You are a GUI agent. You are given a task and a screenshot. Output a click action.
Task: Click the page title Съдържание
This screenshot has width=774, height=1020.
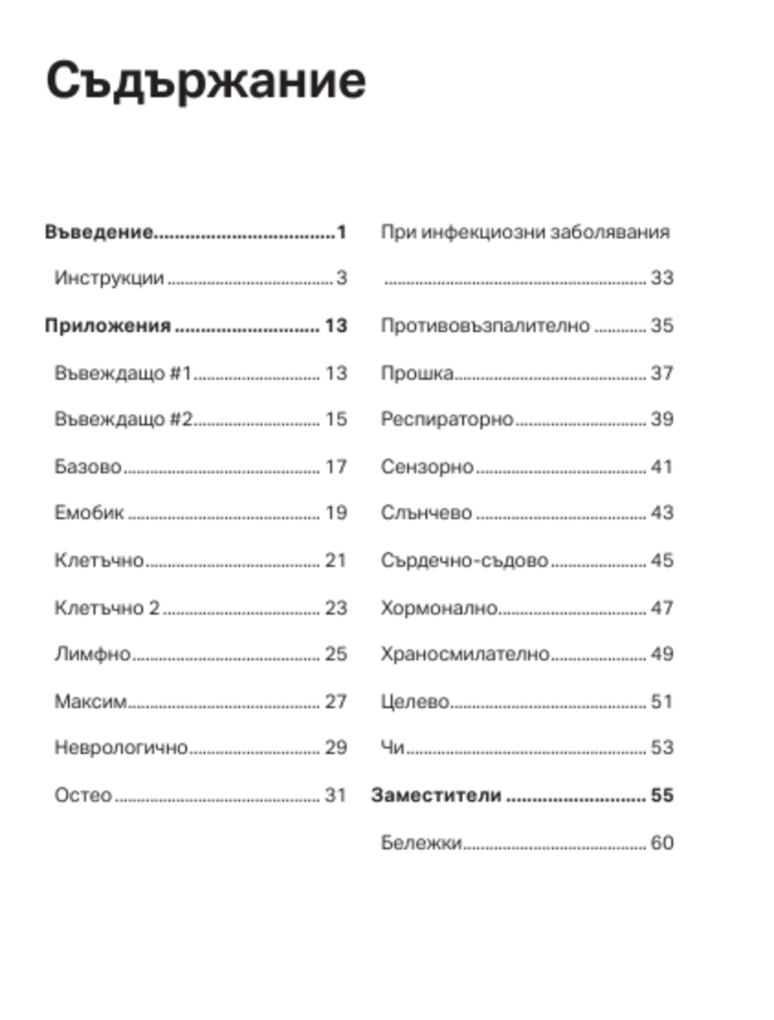tap(206, 81)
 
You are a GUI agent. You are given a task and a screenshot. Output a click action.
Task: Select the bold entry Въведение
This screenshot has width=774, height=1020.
tap(98, 232)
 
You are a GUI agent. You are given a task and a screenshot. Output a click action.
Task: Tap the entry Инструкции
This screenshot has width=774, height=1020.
tap(109, 278)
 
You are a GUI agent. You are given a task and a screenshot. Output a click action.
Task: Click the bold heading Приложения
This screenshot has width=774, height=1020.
tap(107, 326)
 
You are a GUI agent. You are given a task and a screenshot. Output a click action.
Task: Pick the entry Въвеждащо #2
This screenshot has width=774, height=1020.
tap(123, 419)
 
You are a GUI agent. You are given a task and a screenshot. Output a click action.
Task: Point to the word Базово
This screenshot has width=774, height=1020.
tap(88, 467)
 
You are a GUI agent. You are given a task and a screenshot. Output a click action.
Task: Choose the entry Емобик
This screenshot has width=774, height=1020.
tap(89, 513)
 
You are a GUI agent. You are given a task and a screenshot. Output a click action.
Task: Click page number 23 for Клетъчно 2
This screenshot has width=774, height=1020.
tap(335, 608)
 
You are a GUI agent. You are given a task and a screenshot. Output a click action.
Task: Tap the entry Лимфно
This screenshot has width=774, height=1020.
tap(92, 654)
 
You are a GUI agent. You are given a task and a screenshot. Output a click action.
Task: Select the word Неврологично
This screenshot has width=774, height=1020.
tap(121, 748)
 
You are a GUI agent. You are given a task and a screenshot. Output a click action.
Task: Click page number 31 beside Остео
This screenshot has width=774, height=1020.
tap(335, 795)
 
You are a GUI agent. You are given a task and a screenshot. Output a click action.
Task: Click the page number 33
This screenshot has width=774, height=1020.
tap(662, 278)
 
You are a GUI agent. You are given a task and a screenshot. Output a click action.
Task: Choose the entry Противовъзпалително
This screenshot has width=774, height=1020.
tap(485, 326)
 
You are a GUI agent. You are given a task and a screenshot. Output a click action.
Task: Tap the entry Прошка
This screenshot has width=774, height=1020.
tap(416, 373)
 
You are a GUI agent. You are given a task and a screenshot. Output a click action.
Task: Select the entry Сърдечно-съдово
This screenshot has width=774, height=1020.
tap(464, 560)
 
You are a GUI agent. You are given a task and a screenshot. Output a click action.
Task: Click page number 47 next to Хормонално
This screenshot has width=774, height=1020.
tap(662, 608)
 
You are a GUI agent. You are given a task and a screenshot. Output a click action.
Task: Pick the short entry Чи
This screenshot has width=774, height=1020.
tap(392, 748)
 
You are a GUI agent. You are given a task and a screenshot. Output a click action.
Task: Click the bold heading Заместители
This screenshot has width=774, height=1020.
tap(436, 795)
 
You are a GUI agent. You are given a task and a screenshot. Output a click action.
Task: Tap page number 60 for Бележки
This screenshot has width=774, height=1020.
tap(662, 843)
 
